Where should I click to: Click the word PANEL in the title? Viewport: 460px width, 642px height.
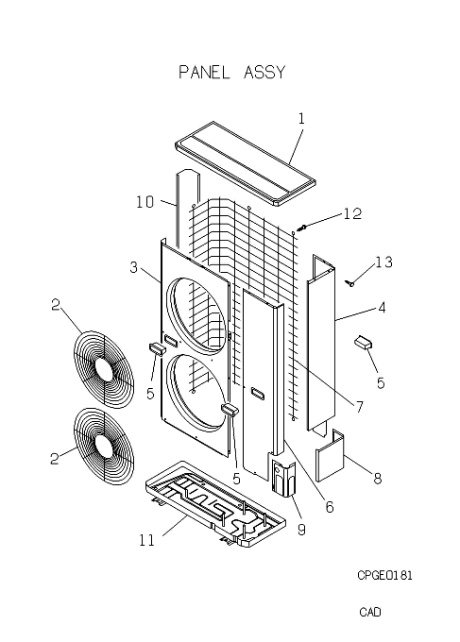[x=204, y=73]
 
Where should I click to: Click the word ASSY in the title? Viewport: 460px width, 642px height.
[x=264, y=73]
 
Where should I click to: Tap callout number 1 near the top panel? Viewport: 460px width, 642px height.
[x=301, y=119]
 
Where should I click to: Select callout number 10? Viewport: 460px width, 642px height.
[x=145, y=202]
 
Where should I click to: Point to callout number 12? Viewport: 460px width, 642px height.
[x=352, y=213]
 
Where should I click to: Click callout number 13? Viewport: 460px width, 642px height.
[x=383, y=262]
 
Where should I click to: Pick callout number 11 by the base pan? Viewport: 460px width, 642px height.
[x=147, y=540]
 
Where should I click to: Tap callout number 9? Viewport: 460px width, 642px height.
[x=301, y=530]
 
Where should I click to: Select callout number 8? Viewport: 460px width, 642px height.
[x=377, y=478]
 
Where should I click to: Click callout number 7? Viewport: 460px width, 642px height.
[x=359, y=407]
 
